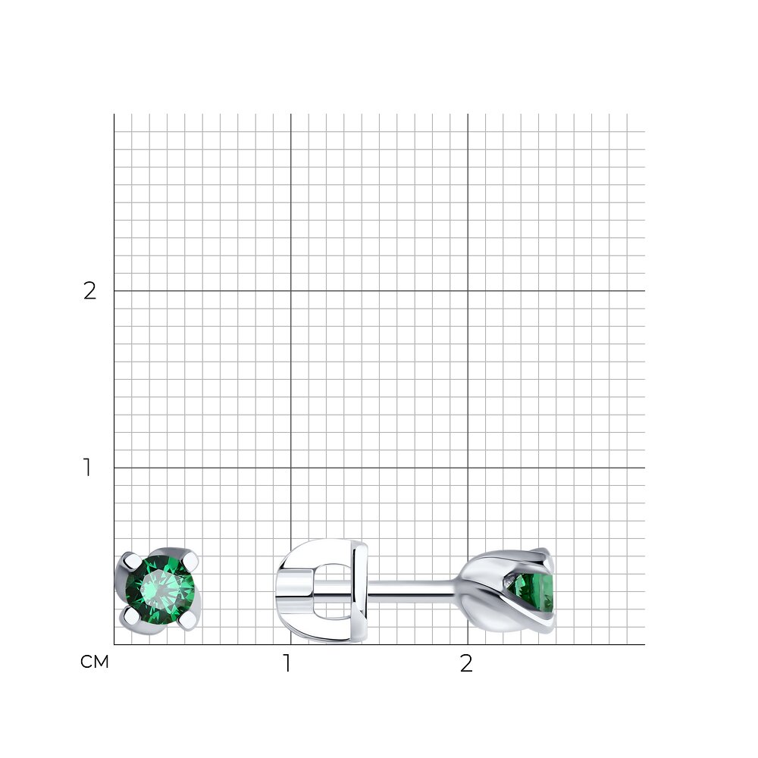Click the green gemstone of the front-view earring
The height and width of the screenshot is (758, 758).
click(159, 590)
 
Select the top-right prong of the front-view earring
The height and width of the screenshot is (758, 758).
click(191, 561)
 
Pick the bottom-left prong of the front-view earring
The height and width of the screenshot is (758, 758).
click(131, 615)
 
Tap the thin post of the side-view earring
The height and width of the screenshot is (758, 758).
click(411, 588)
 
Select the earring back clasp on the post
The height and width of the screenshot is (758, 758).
click(322, 590)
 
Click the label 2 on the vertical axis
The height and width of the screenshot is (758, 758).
click(89, 291)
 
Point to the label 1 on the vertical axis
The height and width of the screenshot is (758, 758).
click(87, 468)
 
